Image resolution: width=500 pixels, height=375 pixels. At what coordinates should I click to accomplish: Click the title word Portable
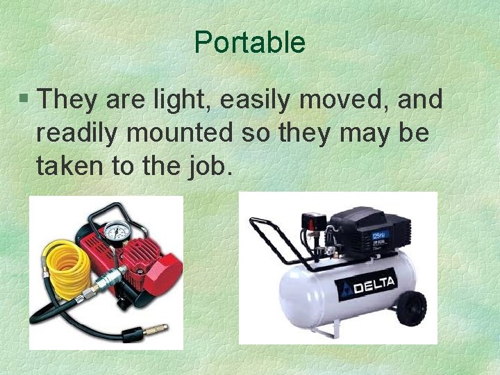[x=249, y=42]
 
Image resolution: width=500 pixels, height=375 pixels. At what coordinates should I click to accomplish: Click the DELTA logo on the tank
[x=367, y=284]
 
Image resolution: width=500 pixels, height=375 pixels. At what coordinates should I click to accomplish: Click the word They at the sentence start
[x=68, y=100]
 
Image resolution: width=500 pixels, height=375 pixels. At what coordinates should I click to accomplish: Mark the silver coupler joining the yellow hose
[x=104, y=283]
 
